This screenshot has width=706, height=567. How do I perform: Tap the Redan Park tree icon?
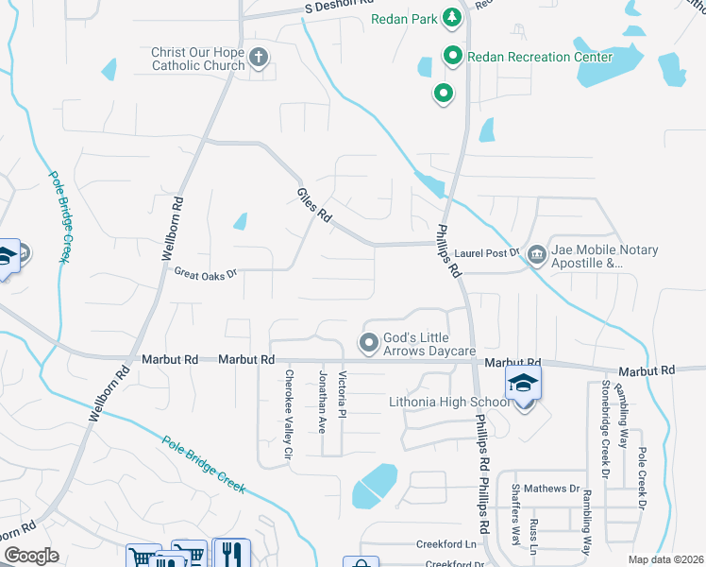452,17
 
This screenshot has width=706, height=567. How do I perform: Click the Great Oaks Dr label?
205,273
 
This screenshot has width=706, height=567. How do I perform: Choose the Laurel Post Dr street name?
487,252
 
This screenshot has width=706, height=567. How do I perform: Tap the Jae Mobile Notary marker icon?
536,254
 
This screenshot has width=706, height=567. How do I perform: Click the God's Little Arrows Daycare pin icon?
369,341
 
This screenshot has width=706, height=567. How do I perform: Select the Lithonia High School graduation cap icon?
522,384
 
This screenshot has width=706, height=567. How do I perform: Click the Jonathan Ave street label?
322,402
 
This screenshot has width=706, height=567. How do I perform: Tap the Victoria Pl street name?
343,394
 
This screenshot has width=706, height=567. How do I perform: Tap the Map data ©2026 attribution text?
665,559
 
